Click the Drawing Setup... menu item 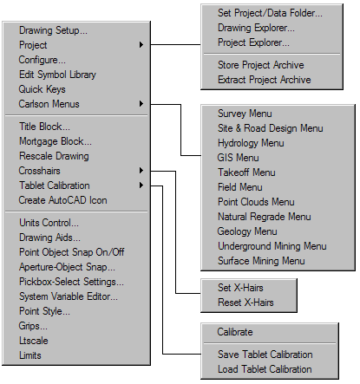pyautogui.click(x=53, y=30)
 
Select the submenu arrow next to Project pyautogui.click(x=141, y=45)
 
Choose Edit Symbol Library pyautogui.click(x=57, y=75)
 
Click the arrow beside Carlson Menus pyautogui.click(x=141, y=104)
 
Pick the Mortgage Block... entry pyautogui.click(x=56, y=141)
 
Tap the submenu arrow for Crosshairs pyautogui.click(x=141, y=171)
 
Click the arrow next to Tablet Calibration pyautogui.click(x=141, y=185)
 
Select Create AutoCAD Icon pyautogui.click(x=62, y=200)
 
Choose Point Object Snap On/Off pyautogui.click(x=72, y=252)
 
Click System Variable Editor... pyautogui.click(x=69, y=296)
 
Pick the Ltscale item pyautogui.click(x=34, y=341)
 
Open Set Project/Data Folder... pyautogui.click(x=270, y=13)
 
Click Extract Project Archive pyautogui.click(x=265, y=80)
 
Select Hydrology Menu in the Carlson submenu pyautogui.click(x=251, y=143)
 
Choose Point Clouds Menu pyautogui.click(x=256, y=202)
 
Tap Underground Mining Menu pyautogui.click(x=272, y=246)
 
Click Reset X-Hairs pyautogui.click(x=245, y=303)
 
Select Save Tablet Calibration pyautogui.click(x=265, y=355)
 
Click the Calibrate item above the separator pyautogui.click(x=235, y=332)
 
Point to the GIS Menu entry pyautogui.click(x=239, y=158)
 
